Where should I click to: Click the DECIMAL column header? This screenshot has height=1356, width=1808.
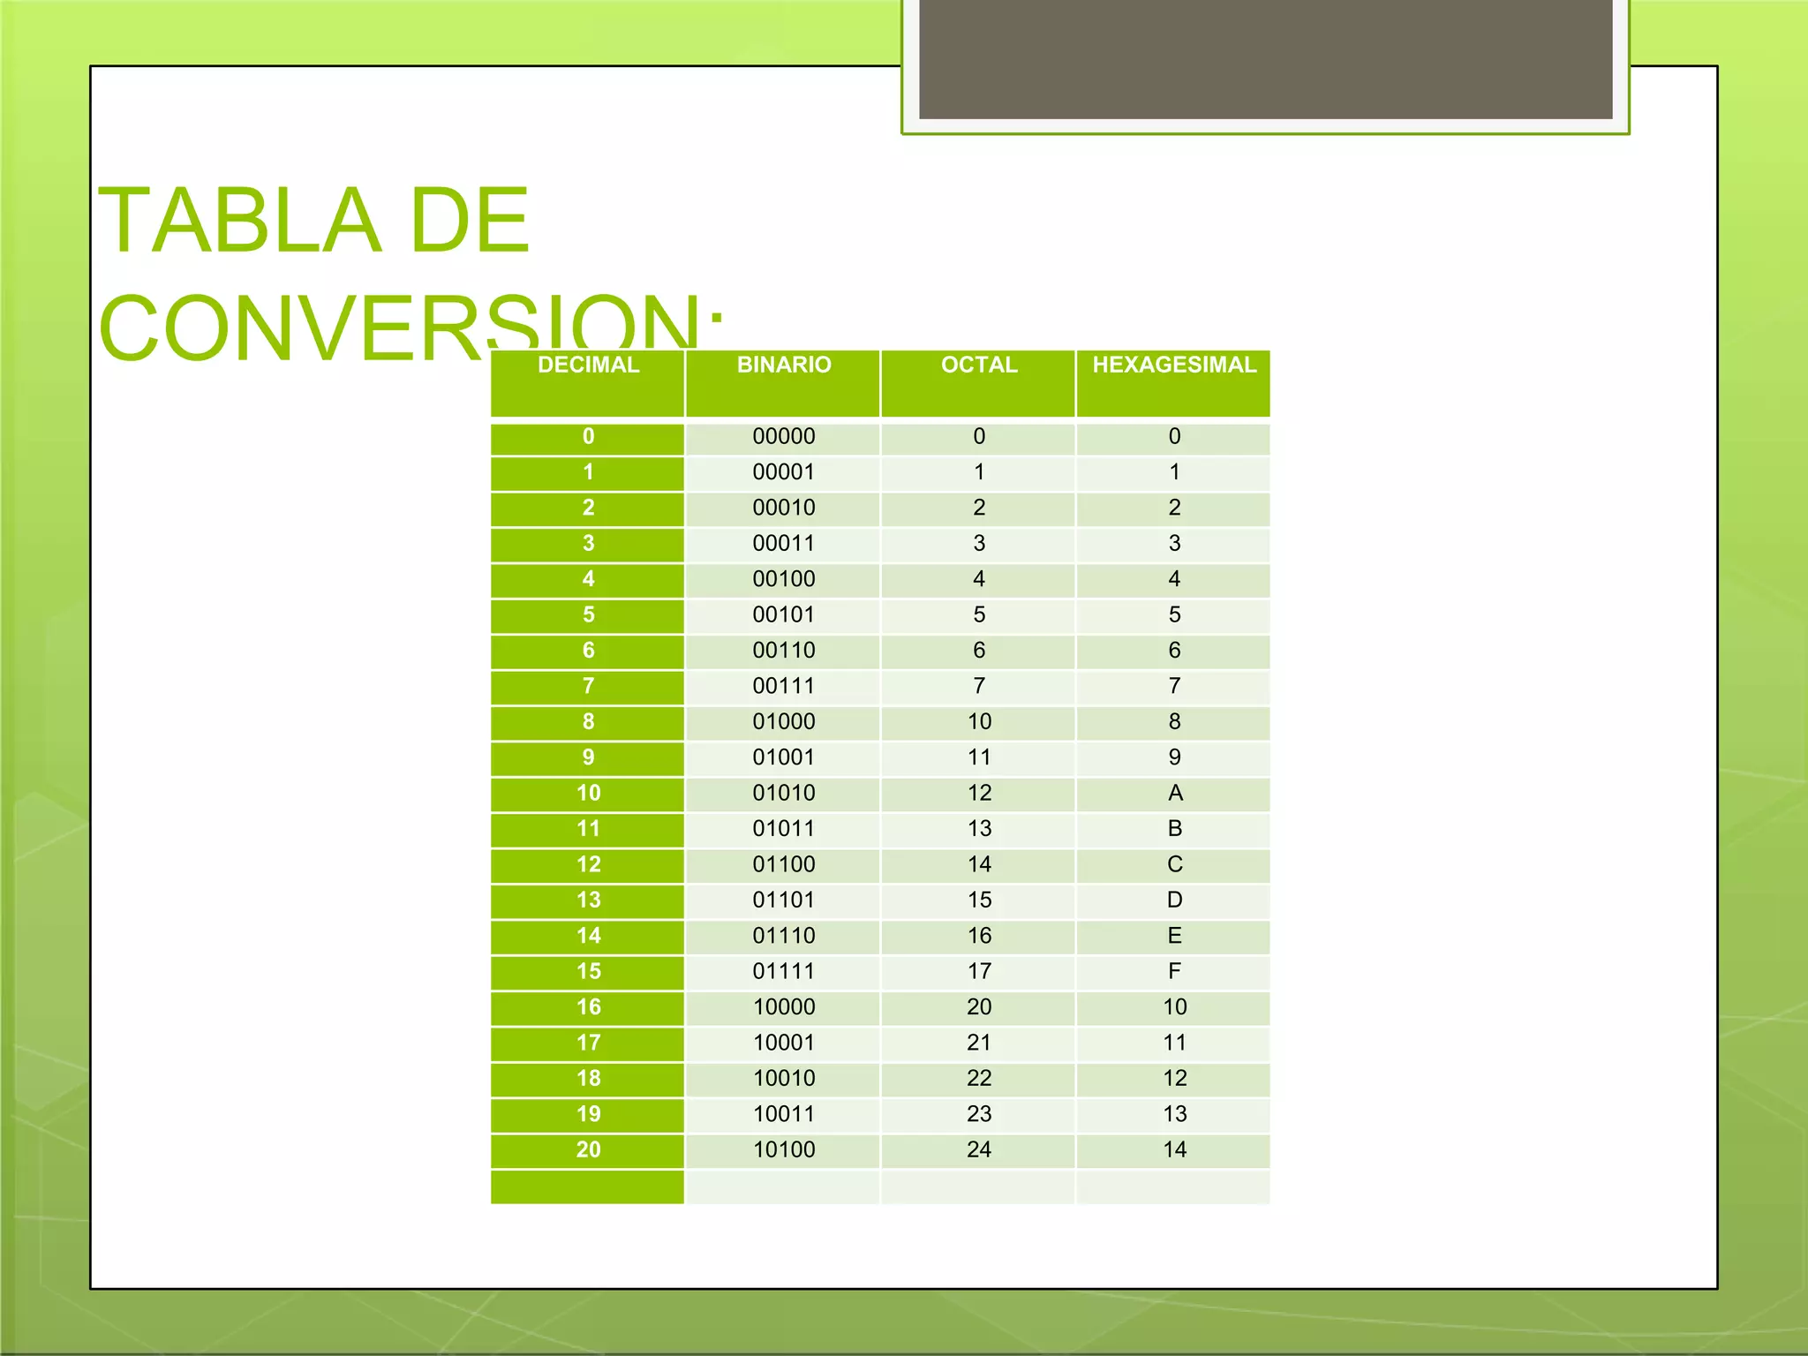click(588, 365)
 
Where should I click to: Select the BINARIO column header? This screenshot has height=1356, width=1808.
click(784, 365)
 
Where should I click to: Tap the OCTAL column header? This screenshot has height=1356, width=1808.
click(979, 365)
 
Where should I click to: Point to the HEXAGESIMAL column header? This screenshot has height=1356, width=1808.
click(1174, 365)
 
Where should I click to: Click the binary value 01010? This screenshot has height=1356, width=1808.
click(784, 794)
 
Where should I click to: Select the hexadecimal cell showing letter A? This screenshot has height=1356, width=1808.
click(1175, 794)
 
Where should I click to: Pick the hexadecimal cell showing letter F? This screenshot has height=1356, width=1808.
click(1174, 972)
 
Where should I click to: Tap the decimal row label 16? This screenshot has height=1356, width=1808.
click(588, 1007)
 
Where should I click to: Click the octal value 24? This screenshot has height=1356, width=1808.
click(979, 1150)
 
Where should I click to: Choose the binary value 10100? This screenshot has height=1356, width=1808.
click(784, 1150)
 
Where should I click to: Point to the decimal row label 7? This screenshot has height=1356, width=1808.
click(588, 686)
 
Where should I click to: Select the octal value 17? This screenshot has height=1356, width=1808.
click(979, 972)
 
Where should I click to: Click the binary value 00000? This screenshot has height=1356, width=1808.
click(784, 437)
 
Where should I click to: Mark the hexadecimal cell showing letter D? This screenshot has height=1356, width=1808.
click(1174, 900)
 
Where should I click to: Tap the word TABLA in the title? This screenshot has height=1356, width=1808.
click(239, 221)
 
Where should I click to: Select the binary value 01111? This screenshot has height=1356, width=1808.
click(784, 972)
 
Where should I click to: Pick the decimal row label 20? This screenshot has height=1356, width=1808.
click(588, 1150)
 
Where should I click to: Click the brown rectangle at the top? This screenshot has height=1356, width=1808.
click(1265, 58)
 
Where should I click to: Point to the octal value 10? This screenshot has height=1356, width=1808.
click(979, 722)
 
